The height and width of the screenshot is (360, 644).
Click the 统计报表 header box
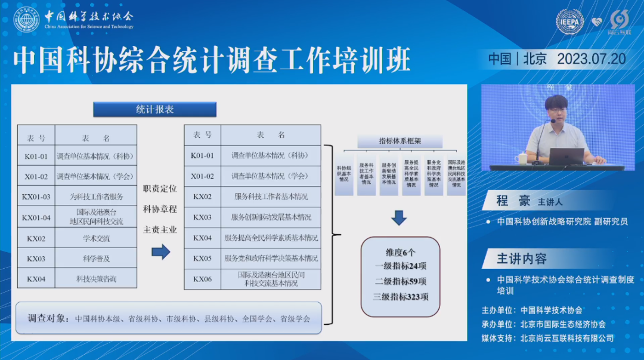[154, 109]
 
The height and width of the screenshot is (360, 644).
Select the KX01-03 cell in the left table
[36, 197]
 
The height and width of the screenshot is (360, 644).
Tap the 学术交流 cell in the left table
[96, 238]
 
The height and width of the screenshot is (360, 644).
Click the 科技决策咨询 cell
[96, 278]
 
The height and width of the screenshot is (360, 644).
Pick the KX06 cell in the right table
[202, 279]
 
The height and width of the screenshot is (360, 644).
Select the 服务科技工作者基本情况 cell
[271, 197]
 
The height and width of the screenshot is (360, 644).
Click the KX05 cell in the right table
[202, 259]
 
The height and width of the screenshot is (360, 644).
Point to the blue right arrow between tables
[160, 252]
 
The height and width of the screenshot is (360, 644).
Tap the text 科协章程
[160, 209]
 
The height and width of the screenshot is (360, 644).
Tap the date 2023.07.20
[591, 58]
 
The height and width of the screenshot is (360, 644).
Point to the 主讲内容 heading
[522, 259]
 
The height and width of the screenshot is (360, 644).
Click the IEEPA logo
[569, 21]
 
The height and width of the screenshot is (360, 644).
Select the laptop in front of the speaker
[566, 156]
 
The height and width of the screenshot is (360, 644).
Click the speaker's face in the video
[556, 110]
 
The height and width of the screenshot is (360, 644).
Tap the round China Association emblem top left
[27, 19]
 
